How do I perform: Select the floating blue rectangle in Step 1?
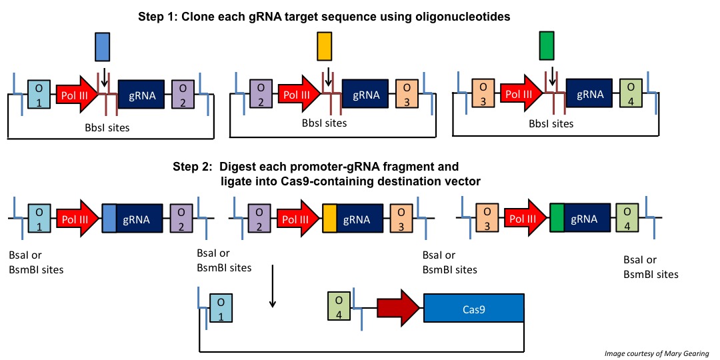(102, 48)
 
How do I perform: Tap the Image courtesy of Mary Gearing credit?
(657, 353)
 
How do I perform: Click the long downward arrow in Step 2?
(272, 286)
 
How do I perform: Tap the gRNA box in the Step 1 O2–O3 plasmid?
(366, 95)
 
